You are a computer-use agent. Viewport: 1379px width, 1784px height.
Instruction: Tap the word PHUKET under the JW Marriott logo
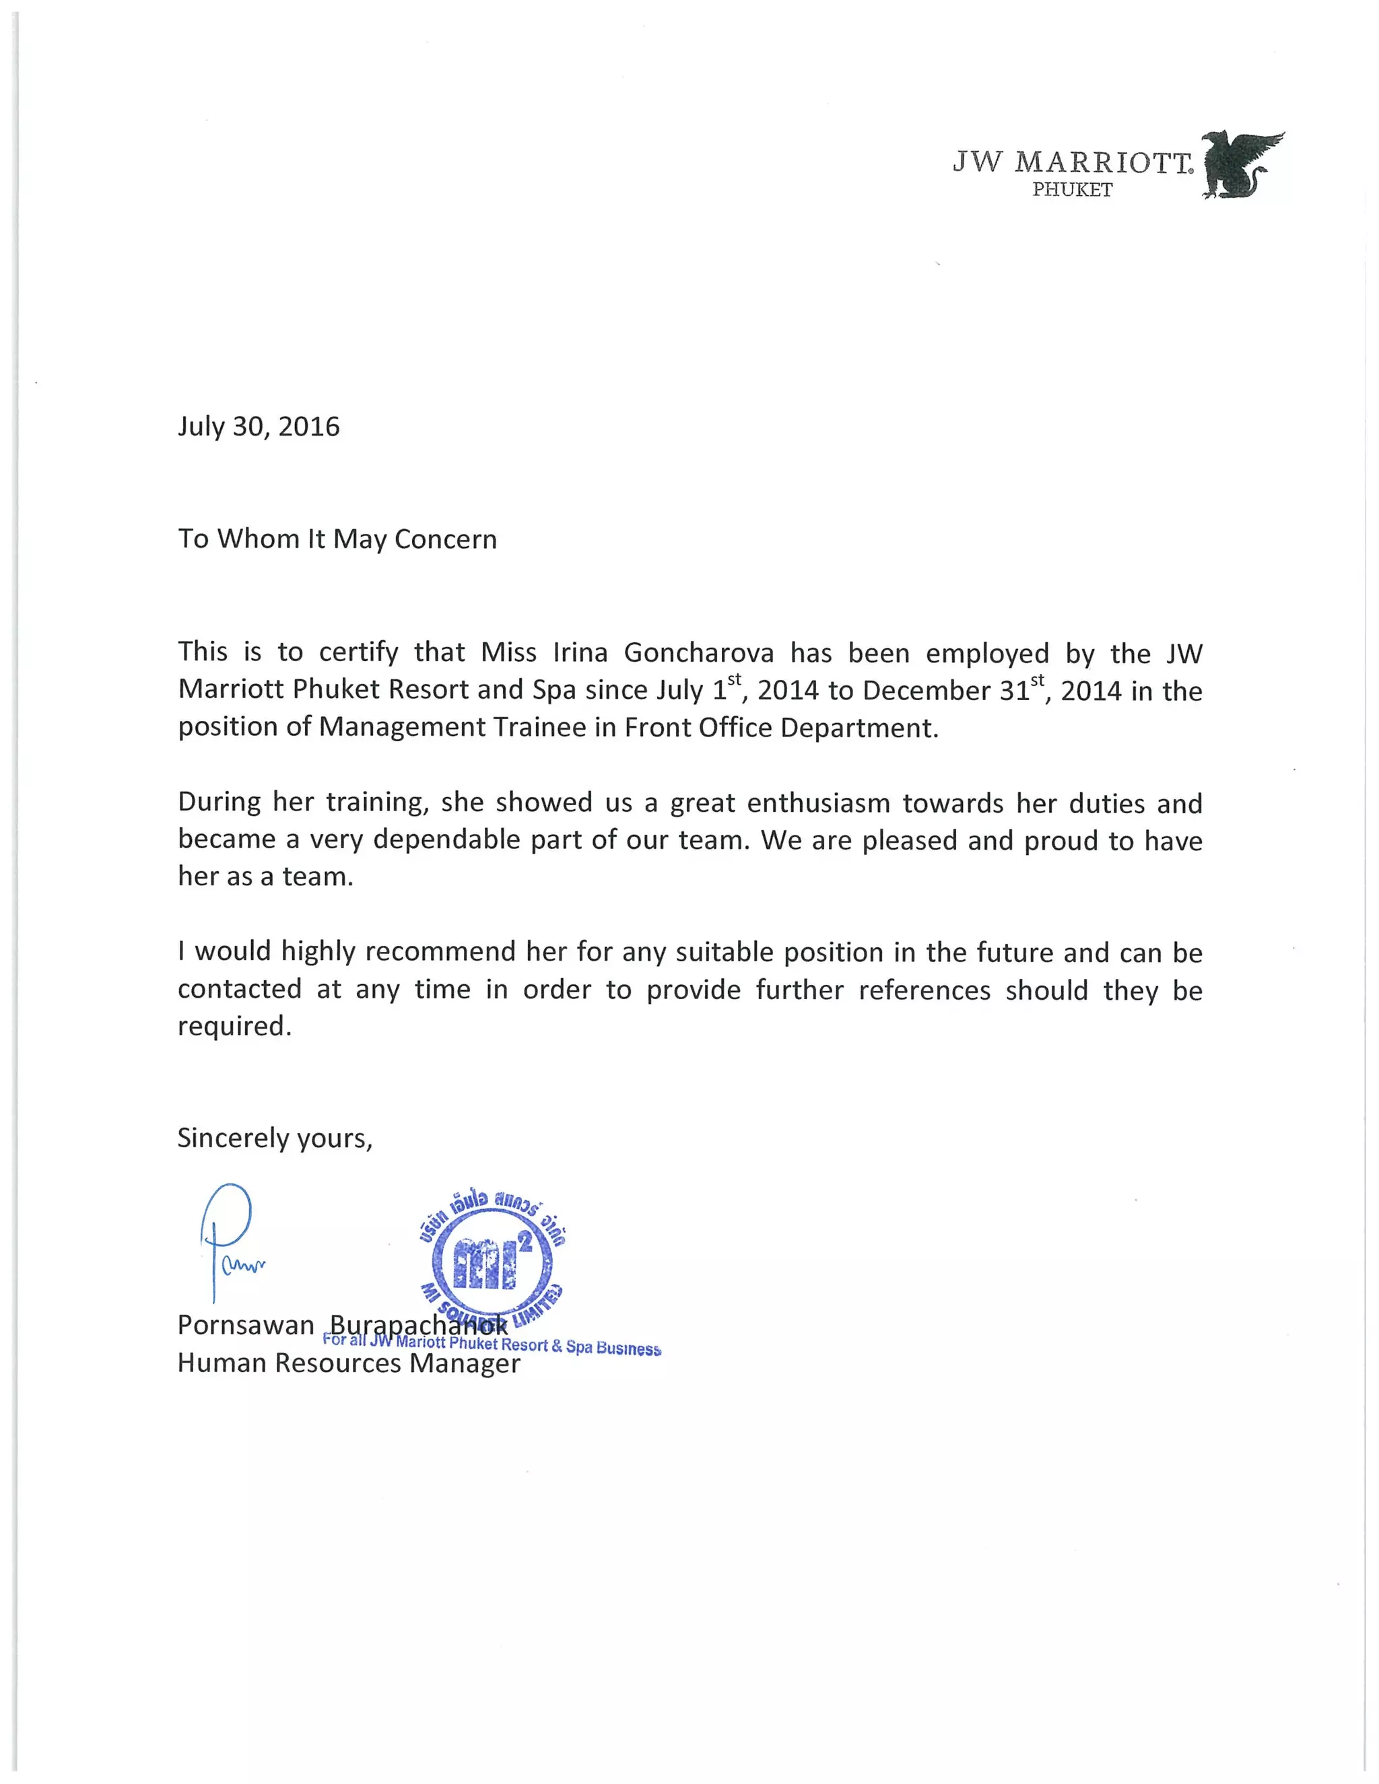(1072, 191)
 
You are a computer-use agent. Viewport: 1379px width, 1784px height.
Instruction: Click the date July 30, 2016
(258, 426)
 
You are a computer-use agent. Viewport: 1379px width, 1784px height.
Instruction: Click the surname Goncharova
(698, 652)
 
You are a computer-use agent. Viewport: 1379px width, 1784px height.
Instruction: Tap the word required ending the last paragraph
(234, 1027)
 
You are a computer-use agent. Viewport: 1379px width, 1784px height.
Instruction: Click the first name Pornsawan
(245, 1324)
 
